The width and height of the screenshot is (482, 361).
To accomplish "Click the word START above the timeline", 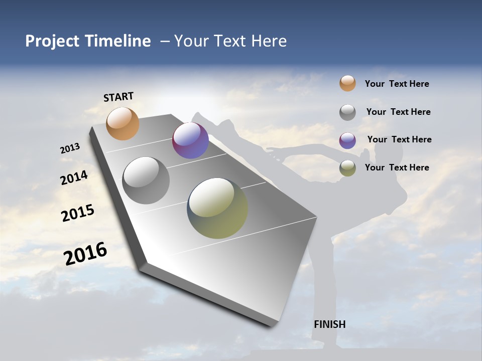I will [x=118, y=97].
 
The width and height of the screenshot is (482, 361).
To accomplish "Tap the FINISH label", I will [x=329, y=324].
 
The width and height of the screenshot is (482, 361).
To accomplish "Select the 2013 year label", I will [x=70, y=148].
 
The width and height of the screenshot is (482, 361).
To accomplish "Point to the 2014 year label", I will [x=74, y=178].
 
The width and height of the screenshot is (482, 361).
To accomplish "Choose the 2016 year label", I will [x=85, y=253].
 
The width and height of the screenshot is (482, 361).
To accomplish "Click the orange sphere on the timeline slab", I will [x=123, y=123].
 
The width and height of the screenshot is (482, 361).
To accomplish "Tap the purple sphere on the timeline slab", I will [x=190, y=140].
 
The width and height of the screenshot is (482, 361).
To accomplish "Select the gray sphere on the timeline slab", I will [x=146, y=180].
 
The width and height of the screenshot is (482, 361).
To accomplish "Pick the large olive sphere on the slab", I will [x=217, y=208].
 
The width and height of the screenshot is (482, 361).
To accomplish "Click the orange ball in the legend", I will [x=347, y=83].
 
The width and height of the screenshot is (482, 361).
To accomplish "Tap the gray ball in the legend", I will [x=347, y=112].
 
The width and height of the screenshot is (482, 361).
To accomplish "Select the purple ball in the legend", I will [x=347, y=140].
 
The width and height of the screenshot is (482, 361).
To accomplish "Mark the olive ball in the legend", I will [x=347, y=168].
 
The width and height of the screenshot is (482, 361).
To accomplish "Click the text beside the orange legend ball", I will [x=397, y=84].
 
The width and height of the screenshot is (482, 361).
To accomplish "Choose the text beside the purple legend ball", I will [x=399, y=139].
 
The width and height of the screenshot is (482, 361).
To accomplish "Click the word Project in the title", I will [x=52, y=41].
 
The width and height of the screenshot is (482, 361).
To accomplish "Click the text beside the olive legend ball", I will [x=397, y=167].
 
